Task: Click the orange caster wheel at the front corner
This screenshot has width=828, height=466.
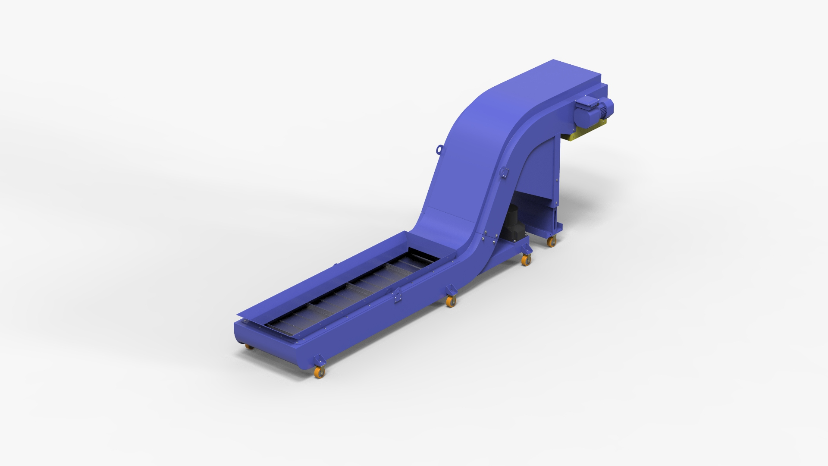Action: coord(320,372)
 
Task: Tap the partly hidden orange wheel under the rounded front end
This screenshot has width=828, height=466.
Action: coord(249,346)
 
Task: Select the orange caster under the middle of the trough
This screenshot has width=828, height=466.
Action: coord(451,302)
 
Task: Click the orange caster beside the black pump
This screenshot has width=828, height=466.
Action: coord(526,260)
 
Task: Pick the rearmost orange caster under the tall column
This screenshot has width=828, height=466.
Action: coord(551,242)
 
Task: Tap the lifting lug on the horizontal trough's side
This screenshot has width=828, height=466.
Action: coord(396,296)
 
